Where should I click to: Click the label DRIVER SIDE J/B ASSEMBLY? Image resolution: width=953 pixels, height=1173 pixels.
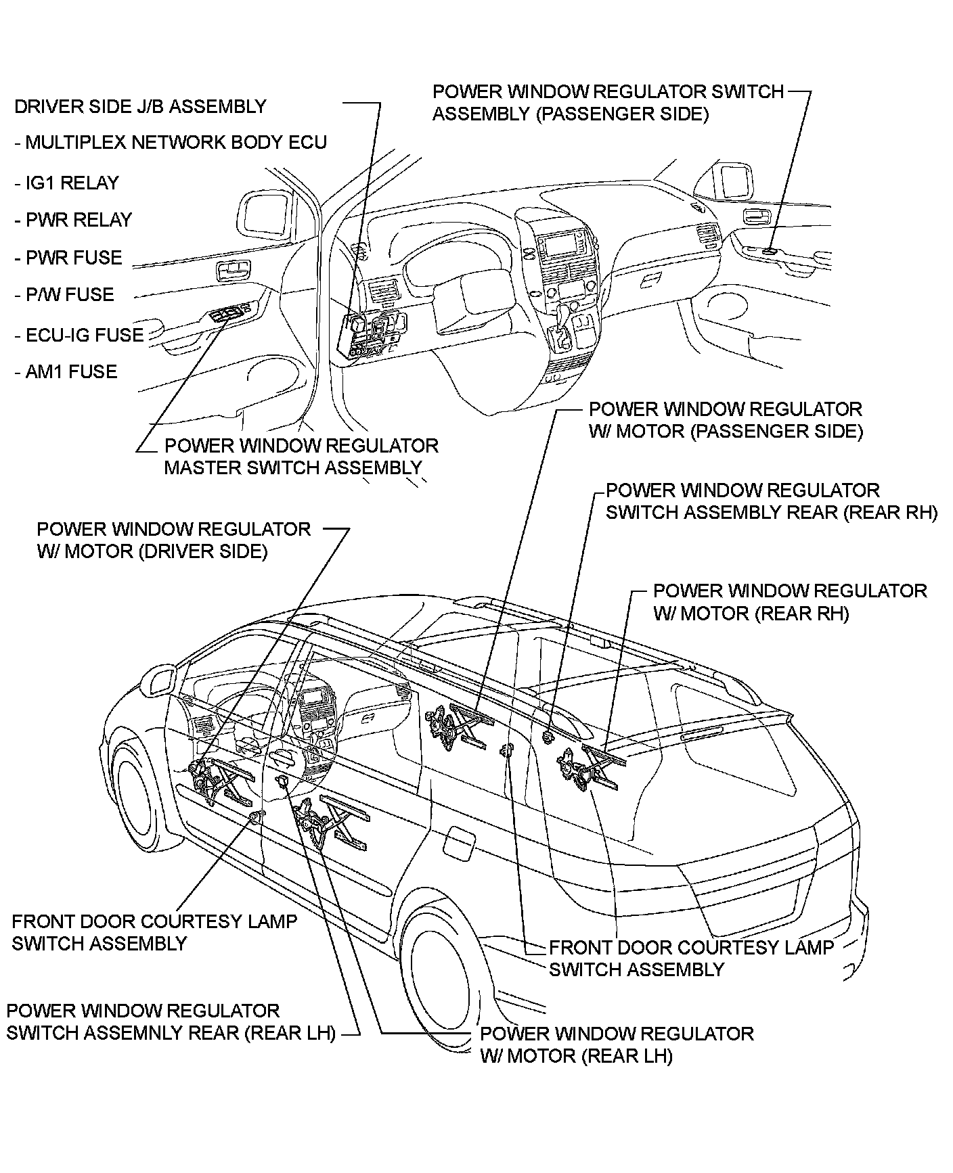point(140,107)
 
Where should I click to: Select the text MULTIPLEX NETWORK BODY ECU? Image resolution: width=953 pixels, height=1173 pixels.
point(175,143)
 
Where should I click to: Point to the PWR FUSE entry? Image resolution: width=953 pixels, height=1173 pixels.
point(73,258)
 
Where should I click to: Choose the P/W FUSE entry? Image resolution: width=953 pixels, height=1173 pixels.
point(69,295)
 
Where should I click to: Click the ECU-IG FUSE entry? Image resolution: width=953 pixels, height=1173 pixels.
point(84,336)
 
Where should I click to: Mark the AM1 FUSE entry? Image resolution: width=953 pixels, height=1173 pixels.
point(70,372)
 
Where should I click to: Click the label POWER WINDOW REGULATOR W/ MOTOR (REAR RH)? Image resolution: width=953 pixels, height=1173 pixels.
point(789,602)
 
